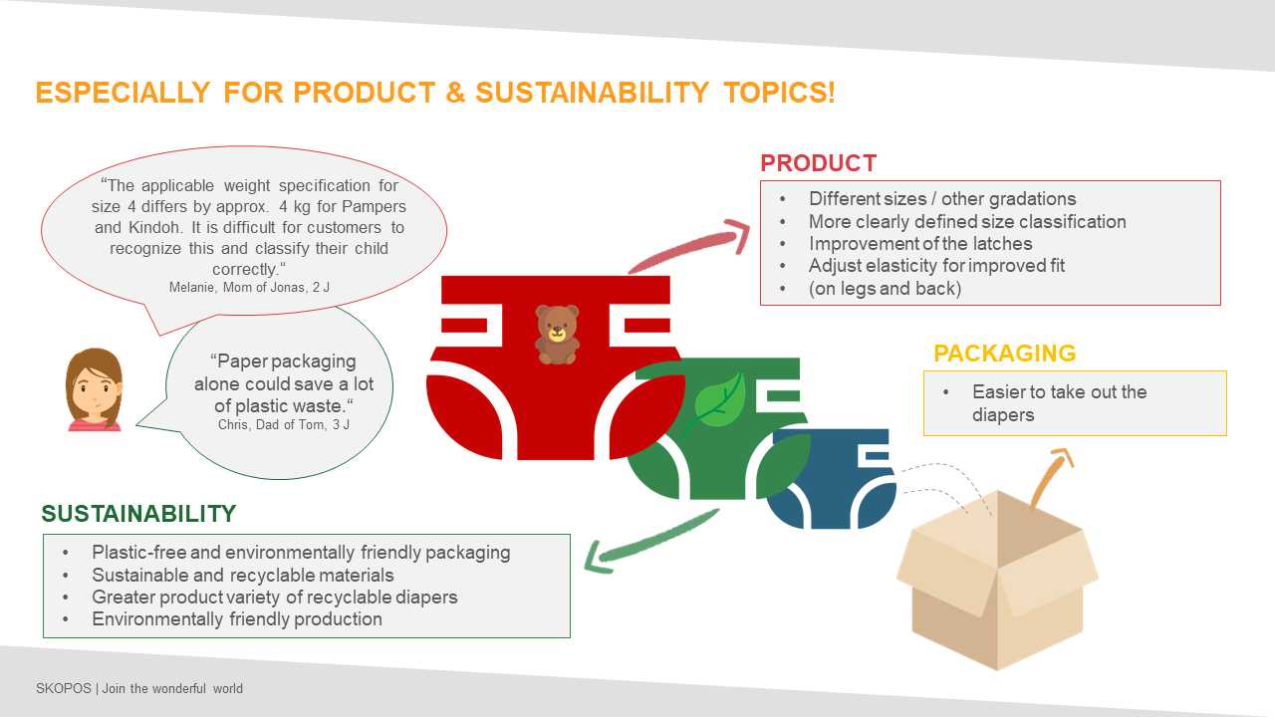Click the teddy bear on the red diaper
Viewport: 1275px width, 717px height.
pos(557,335)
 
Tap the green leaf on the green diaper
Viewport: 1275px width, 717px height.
pos(717,401)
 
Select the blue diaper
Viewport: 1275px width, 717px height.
pos(831,479)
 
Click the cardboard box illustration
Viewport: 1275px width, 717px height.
pos(997,581)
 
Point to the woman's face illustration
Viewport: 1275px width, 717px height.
pos(95,389)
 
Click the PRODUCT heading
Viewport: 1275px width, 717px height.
pos(818,163)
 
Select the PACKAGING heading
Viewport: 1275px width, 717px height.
pos(1005,354)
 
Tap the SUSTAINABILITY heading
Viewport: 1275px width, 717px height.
pos(138,514)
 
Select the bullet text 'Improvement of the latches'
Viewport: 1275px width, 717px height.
pos(920,244)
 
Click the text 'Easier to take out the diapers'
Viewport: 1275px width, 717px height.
pos(1059,403)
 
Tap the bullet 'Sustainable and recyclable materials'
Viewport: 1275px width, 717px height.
pos(242,576)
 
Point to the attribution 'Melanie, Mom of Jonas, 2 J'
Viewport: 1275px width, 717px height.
pos(249,288)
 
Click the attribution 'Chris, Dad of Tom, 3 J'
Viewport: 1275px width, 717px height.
pos(284,424)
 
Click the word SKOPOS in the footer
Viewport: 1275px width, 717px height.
pos(63,688)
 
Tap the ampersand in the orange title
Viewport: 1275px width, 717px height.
pos(455,93)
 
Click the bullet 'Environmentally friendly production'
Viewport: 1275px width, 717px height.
pos(237,619)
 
